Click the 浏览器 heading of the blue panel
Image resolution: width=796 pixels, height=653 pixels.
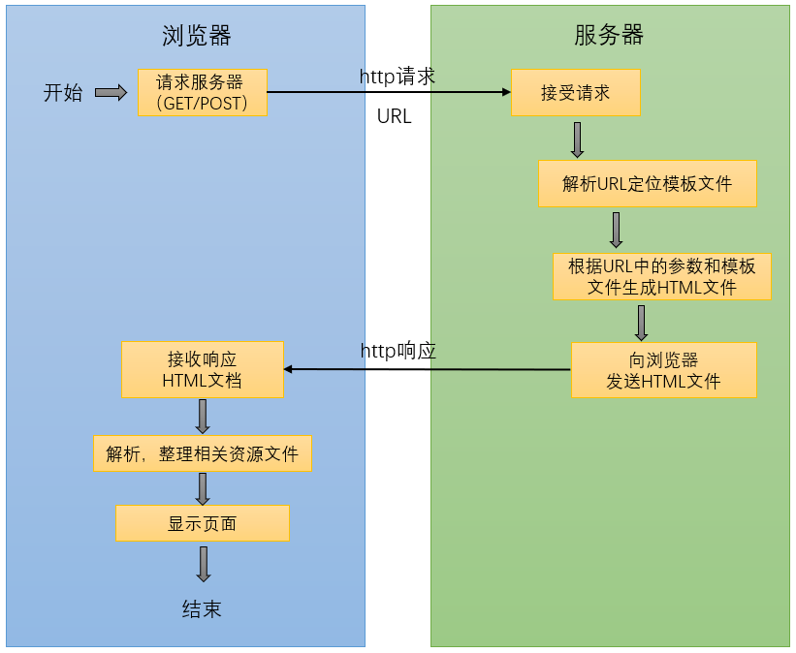[x=196, y=36]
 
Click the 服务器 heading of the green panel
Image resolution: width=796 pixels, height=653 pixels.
[x=609, y=36]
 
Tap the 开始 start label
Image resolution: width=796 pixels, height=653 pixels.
[x=63, y=93]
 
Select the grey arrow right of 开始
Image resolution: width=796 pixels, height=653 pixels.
[x=111, y=93]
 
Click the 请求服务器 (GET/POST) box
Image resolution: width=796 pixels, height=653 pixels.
[x=202, y=92]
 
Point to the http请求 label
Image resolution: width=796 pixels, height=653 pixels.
[x=398, y=78]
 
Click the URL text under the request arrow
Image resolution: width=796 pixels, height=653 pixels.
[x=394, y=116]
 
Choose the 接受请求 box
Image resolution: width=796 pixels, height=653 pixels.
[x=575, y=93]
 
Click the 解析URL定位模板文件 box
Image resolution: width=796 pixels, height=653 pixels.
[x=647, y=183]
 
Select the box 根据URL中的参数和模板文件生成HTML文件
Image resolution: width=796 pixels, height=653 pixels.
[x=661, y=276]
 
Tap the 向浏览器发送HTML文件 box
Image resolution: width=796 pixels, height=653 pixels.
[x=663, y=370]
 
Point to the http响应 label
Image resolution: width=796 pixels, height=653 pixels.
[x=398, y=351]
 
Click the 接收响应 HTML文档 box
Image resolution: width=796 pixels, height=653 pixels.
[x=203, y=369]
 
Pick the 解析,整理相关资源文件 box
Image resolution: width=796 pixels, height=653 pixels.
[x=202, y=453]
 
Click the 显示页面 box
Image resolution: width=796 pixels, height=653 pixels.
[x=202, y=523]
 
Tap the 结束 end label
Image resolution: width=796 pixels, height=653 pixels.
[x=202, y=608]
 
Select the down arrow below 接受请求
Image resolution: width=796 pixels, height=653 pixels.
[x=577, y=140]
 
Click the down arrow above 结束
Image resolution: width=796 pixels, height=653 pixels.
[x=203, y=564]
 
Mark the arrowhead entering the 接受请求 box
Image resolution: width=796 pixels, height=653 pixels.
[x=505, y=93]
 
